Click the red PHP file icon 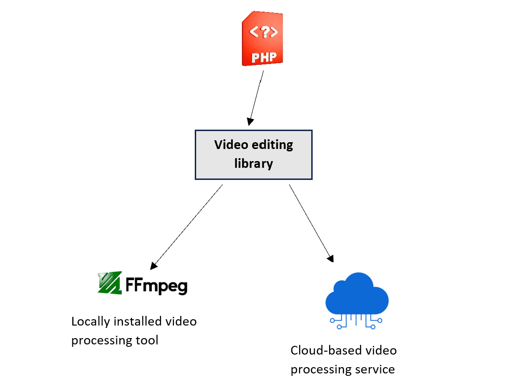pyautogui.click(x=262, y=40)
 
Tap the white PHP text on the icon pyautogui.click(x=264, y=58)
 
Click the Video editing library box pyautogui.click(x=254, y=154)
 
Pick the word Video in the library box pyautogui.click(x=230, y=145)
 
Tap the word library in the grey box pyautogui.click(x=254, y=163)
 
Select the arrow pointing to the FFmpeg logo pyautogui.click(x=187, y=226)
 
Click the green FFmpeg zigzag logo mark pyautogui.click(x=109, y=283)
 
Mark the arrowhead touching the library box pyautogui.click(x=249, y=121)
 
